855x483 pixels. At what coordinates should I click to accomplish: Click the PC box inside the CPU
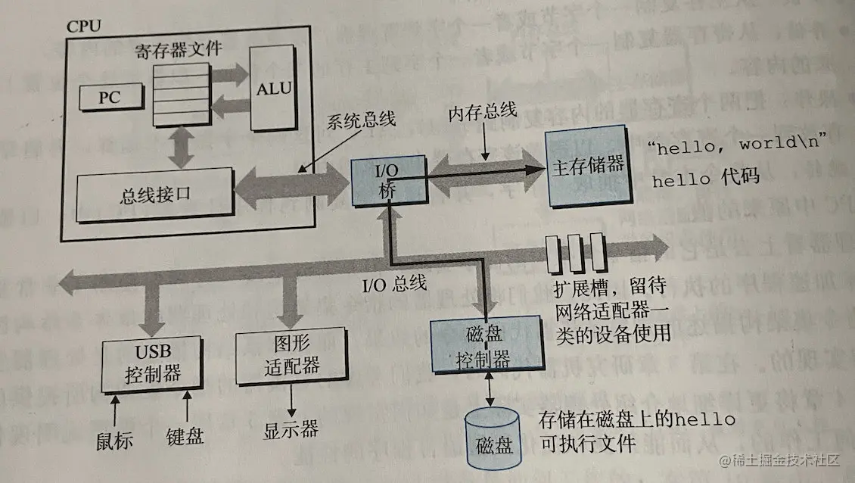[x=110, y=96]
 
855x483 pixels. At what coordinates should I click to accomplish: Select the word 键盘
[x=185, y=437]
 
